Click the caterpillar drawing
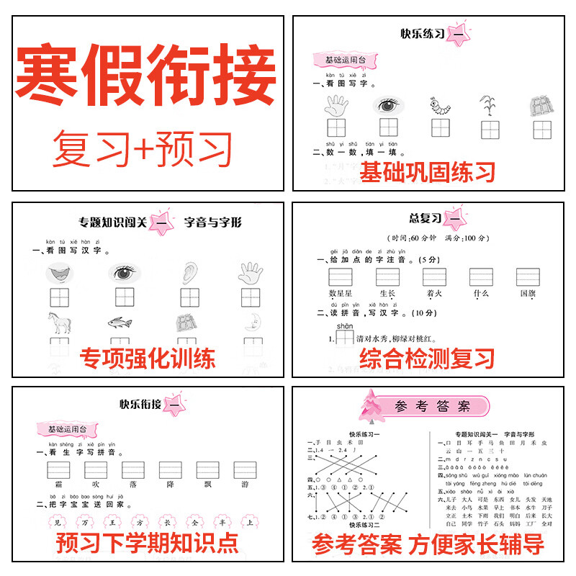439,106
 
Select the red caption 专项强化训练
147,357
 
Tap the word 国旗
528,293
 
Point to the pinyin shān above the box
344,326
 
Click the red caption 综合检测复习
428,357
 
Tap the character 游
245,485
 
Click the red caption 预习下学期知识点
147,542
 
